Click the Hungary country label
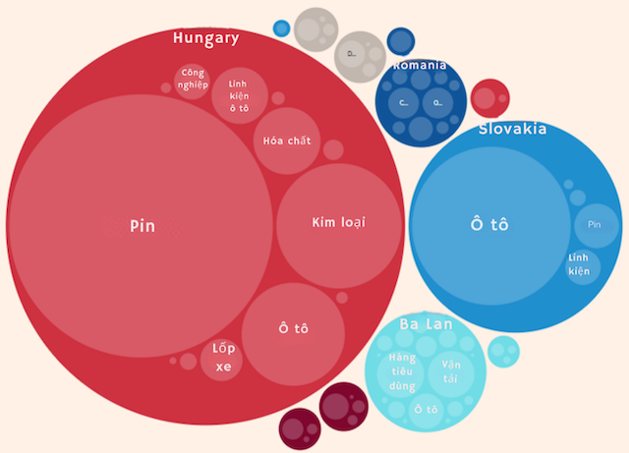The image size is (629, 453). [x=205, y=38]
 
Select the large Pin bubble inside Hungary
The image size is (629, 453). [x=142, y=225]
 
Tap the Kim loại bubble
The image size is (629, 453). [x=338, y=223]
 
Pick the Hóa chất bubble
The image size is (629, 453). [x=287, y=141]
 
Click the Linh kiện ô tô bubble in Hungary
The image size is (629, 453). [x=239, y=95]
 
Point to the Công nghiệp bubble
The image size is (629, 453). [x=193, y=81]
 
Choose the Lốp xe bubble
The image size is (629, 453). [x=222, y=360]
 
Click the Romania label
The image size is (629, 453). [x=420, y=66]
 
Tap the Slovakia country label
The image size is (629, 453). [x=512, y=129]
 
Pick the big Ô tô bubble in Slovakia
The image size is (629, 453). [x=489, y=224]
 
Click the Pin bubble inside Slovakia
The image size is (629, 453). [x=596, y=225]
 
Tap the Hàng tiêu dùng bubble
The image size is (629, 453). [x=403, y=371]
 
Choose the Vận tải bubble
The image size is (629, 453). [x=451, y=371]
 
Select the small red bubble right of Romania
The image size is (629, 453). [x=489, y=98]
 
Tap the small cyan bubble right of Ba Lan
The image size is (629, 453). [x=503, y=351]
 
